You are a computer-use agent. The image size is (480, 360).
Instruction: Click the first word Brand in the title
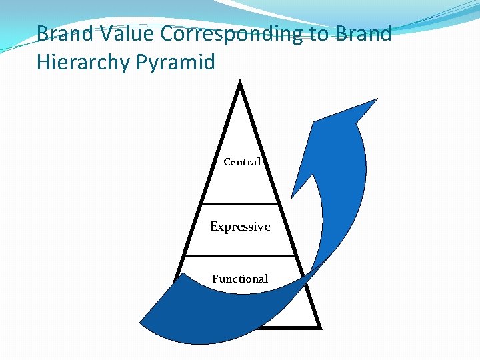pos(64,33)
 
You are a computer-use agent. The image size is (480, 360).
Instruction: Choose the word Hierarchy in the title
pos(95,62)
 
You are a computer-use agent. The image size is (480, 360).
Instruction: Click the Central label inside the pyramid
pos(241,162)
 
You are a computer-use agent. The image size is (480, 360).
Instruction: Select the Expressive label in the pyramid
pos(240,227)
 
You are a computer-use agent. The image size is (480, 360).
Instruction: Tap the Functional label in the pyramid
pos(240,279)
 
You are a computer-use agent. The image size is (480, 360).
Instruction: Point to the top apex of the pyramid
pos(240,83)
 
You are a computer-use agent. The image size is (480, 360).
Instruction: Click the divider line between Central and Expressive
pos(240,203)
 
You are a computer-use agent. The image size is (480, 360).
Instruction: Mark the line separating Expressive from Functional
pos(240,255)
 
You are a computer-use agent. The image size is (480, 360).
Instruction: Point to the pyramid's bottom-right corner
pos(321,327)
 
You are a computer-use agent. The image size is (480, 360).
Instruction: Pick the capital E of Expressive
pos(213,227)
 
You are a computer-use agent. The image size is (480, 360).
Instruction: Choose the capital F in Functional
pos(215,279)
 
